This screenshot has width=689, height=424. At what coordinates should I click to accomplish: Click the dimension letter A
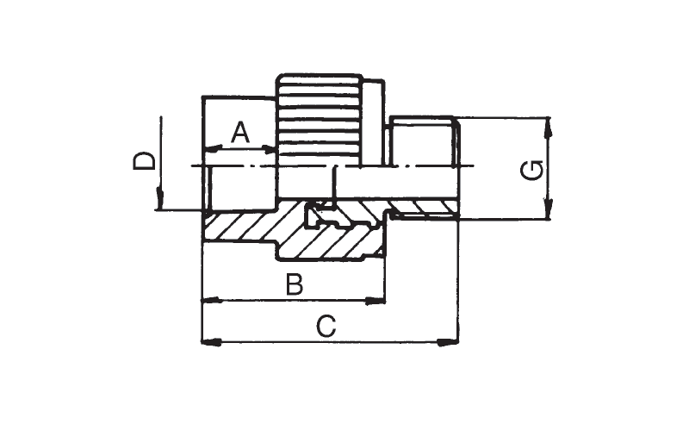click(240, 133)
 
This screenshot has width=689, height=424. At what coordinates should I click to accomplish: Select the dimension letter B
click(295, 284)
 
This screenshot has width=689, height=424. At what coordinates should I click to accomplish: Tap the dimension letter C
click(326, 326)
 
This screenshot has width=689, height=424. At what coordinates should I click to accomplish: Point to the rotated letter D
click(144, 161)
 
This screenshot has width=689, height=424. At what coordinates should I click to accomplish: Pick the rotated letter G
click(531, 171)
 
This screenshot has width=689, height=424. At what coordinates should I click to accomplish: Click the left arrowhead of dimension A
click(212, 150)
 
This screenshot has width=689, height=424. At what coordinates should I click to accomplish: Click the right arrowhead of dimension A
click(269, 150)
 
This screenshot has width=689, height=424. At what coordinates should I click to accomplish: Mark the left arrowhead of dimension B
click(211, 301)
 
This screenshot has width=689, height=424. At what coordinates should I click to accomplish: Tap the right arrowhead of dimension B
click(376, 301)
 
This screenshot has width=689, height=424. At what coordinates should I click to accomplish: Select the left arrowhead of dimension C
click(211, 342)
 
